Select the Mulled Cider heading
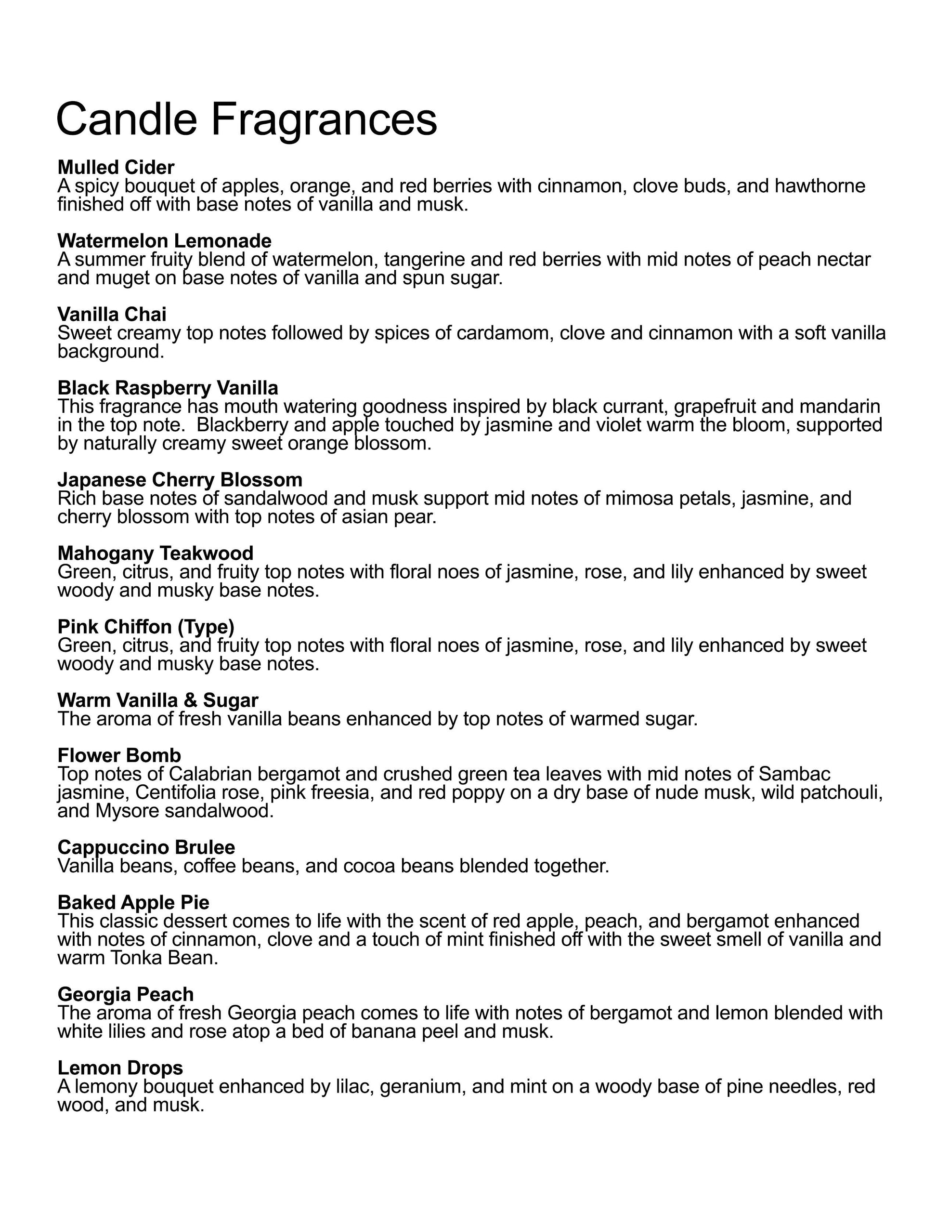tap(116, 167)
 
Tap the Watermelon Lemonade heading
tap(164, 240)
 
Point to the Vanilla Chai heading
tap(112, 315)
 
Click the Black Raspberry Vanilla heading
tap(168, 388)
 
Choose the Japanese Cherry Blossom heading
tap(180, 479)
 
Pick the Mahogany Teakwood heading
tap(156, 553)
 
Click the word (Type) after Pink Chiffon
tap(206, 627)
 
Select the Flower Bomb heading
tap(119, 755)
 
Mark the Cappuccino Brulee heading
tap(146, 847)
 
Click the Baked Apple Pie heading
tap(133, 903)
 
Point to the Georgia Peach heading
tap(126, 994)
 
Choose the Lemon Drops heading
tap(120, 1068)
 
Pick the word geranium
tap(422, 1086)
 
